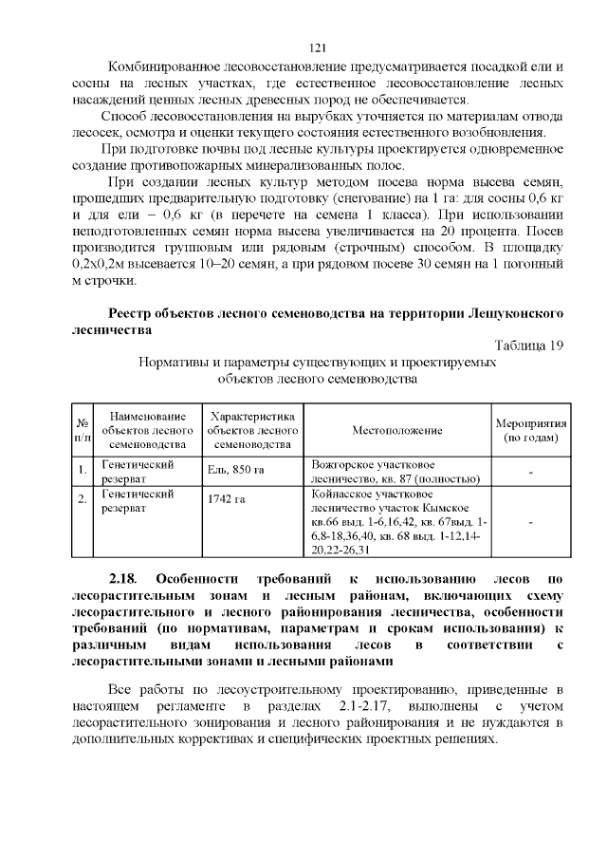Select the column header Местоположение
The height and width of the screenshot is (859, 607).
[397, 430]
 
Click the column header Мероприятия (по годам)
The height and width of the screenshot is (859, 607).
[530, 430]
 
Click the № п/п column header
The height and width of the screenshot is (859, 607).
[83, 430]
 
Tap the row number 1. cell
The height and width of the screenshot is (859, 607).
[83, 470]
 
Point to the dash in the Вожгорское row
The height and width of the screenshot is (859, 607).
[530, 471]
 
